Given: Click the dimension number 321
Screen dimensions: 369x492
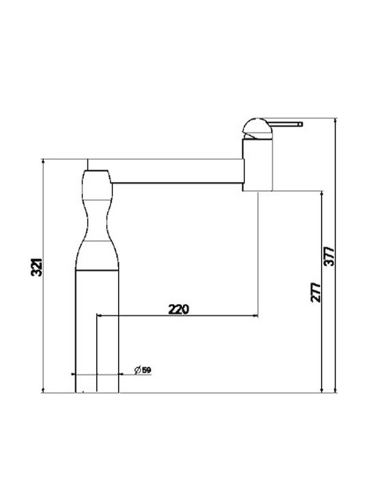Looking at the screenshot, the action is (36, 267).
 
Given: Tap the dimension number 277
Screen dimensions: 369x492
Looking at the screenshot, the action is (316, 292).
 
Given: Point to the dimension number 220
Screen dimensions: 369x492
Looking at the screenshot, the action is (179, 310).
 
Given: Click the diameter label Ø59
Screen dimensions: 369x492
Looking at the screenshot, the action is (143, 370).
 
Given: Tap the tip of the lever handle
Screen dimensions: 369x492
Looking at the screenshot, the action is (301, 124).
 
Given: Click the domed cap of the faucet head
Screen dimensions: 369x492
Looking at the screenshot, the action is (258, 128).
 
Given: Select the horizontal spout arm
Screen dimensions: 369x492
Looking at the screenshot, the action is (178, 171).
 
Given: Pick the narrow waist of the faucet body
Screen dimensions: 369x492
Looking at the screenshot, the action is (96, 220).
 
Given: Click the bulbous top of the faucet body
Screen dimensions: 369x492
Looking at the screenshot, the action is (96, 185).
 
